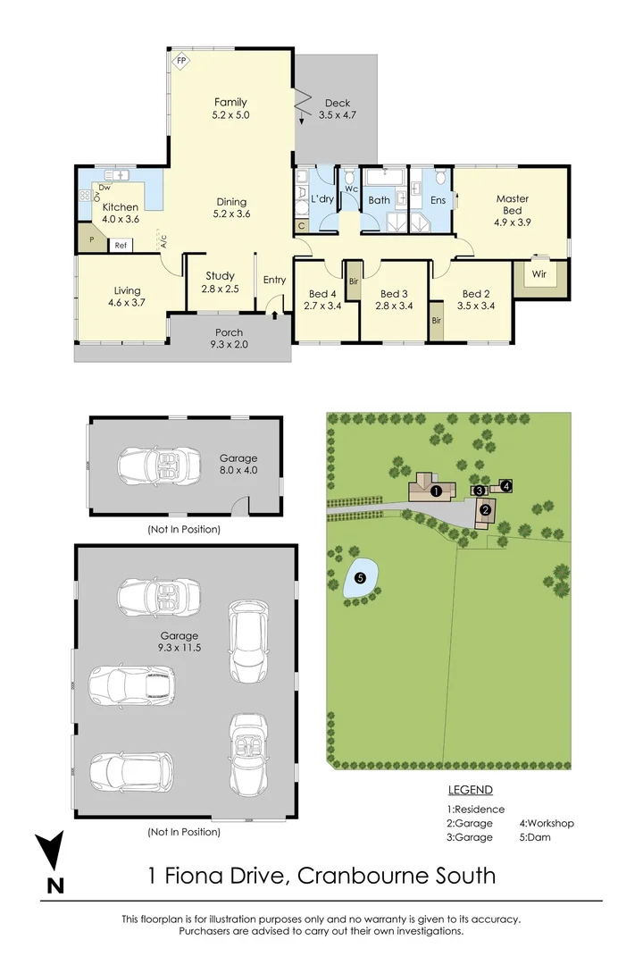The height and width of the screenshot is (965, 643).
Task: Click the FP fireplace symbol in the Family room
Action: click(x=181, y=61)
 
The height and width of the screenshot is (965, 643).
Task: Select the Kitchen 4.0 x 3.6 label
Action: click(x=121, y=213)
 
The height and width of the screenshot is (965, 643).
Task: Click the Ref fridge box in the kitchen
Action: click(x=121, y=245)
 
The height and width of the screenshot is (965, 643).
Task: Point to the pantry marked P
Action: click(x=90, y=239)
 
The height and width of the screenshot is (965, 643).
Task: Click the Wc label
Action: click(x=351, y=189)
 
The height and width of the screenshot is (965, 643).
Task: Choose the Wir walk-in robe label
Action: click(x=539, y=274)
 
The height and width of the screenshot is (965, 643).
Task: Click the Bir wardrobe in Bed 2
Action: click(x=436, y=321)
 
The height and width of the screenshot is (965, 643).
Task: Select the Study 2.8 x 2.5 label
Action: click(x=220, y=282)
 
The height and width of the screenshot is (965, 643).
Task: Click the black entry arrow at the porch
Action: click(x=274, y=315)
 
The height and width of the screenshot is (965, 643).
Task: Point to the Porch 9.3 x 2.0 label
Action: click(x=229, y=339)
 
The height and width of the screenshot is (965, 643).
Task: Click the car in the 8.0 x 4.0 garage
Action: click(x=159, y=466)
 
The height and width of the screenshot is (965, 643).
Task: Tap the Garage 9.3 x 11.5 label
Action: click(x=179, y=642)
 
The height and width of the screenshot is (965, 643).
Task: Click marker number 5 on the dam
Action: click(x=361, y=578)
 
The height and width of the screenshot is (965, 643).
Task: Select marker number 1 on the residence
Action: click(x=436, y=491)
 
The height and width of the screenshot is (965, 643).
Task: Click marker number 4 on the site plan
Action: click(x=505, y=486)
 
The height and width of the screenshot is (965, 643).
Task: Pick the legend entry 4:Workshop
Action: click(x=547, y=824)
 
